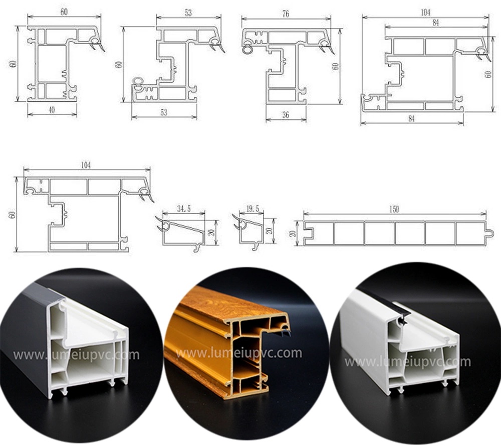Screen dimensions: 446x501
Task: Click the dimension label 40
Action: tap(52, 110)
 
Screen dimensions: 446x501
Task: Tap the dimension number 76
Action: tap(286, 14)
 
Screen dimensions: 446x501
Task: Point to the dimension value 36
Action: tap(286, 115)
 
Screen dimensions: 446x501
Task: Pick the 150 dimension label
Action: tap(394, 209)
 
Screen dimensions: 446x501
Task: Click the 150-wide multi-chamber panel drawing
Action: tap(395, 234)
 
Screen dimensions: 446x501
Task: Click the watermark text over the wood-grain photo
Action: tap(239, 354)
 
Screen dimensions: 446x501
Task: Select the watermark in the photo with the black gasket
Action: tap(407, 362)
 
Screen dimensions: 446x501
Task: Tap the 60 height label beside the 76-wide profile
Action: tap(335, 66)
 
